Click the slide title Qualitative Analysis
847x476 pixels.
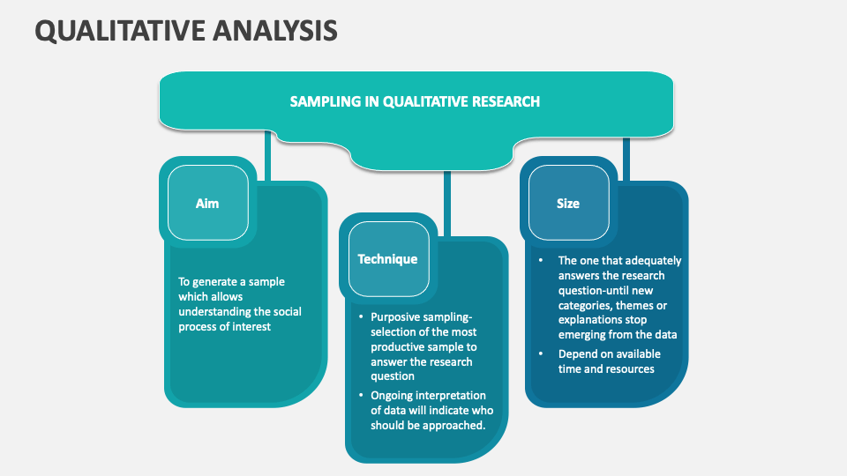[185, 30]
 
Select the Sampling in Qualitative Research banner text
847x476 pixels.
[415, 101]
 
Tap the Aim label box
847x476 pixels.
[207, 204]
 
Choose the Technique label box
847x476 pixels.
[387, 259]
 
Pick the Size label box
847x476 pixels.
[568, 204]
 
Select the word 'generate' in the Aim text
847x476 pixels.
[217, 282]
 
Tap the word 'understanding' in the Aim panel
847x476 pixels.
[214, 312]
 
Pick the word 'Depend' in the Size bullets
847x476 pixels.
[578, 354]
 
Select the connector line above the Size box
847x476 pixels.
[626, 159]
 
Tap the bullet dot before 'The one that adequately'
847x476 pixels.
[540, 261]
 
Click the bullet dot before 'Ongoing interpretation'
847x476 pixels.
[360, 396]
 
